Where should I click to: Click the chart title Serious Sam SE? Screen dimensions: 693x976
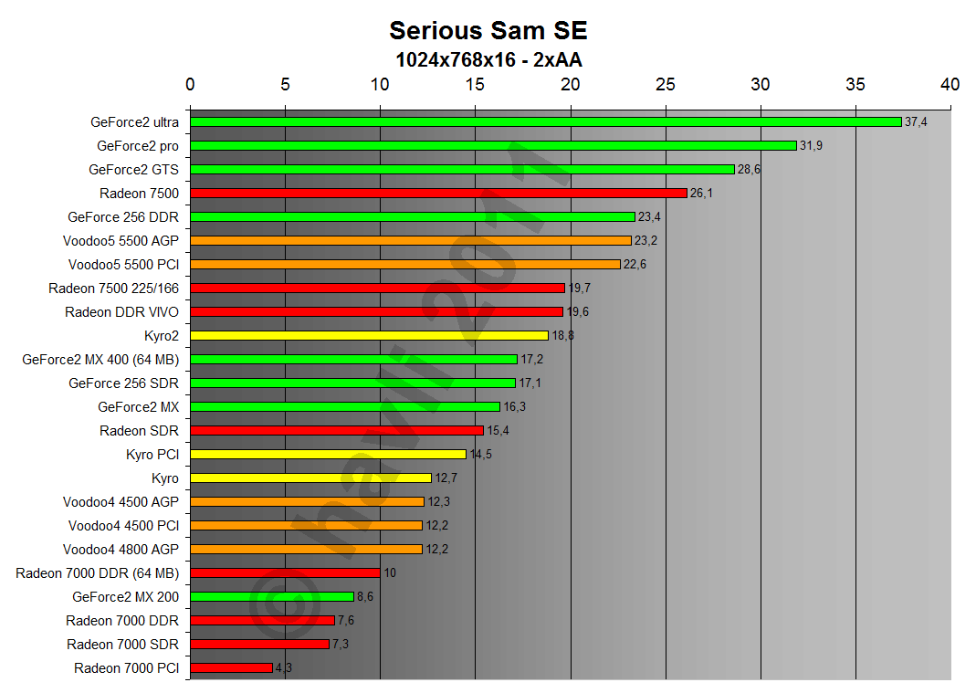[x=488, y=30]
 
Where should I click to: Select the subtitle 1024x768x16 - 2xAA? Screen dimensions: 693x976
[x=488, y=60]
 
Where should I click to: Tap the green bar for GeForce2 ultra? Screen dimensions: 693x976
[x=545, y=121]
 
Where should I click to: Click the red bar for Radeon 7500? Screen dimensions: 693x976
[x=438, y=193]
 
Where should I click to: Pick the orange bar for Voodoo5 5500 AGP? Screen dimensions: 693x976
[x=411, y=240]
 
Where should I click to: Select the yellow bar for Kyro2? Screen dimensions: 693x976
[x=369, y=335]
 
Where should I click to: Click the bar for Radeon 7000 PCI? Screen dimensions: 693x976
[x=231, y=667]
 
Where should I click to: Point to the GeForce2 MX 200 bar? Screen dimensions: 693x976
[x=272, y=596]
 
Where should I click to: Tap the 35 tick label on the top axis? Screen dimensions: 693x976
[x=855, y=85]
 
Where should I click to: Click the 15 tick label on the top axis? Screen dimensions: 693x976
[x=475, y=85]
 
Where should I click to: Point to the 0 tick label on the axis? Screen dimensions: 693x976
[x=190, y=85]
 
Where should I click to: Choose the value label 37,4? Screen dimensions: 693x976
[x=916, y=121]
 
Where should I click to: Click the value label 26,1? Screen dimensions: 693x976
[x=701, y=193]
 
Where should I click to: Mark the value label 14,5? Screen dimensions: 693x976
[x=481, y=454]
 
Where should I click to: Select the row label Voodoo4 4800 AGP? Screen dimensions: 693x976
[x=121, y=549]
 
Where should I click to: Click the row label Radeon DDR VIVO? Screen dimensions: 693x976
[x=121, y=311]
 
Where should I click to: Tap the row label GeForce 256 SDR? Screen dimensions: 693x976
[x=123, y=383]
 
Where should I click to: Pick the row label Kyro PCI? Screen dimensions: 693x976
[x=152, y=454]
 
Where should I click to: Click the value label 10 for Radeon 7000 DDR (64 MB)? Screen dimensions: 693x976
[x=389, y=572]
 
